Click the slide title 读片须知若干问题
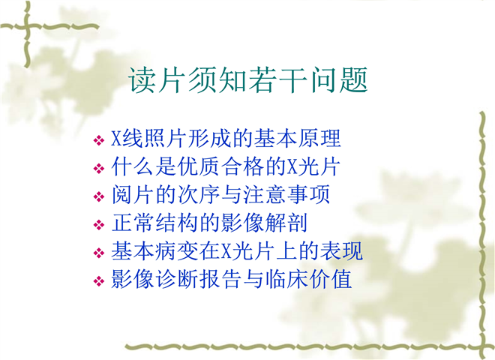coord(248,80)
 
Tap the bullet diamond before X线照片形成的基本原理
coord(99,140)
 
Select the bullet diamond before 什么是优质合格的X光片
coord(99,168)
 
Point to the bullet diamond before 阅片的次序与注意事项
coord(99,196)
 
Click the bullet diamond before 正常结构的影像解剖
coord(99,225)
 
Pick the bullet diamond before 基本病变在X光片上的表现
coord(99,253)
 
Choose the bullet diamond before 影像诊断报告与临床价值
coord(99,281)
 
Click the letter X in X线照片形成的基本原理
coord(116,138)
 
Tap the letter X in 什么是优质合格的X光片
coord(292,166)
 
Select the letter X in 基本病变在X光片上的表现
coord(226,251)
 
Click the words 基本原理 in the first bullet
coord(297,138)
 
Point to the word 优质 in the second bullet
coord(198,166)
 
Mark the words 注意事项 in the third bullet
coord(286,194)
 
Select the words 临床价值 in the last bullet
coord(308,279)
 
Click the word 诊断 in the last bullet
coord(176,279)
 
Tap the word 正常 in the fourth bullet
coord(133,223)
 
